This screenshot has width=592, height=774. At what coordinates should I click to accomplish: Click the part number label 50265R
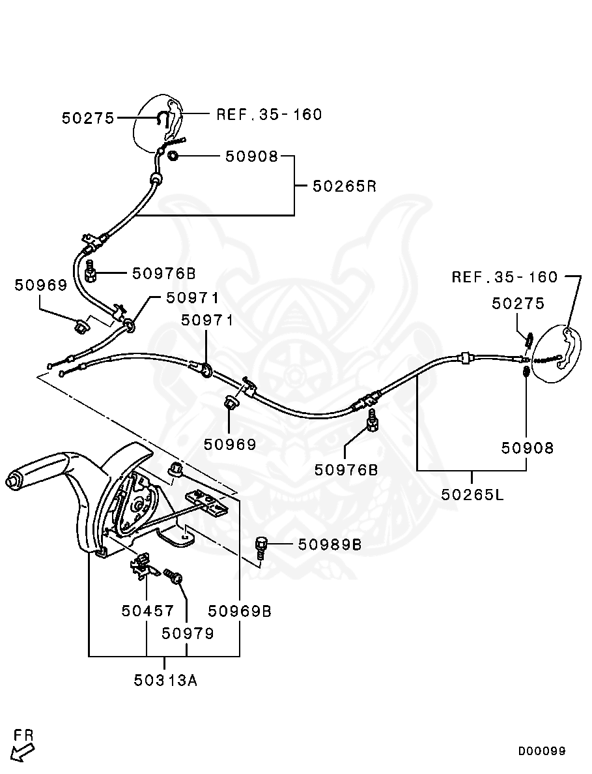(345, 186)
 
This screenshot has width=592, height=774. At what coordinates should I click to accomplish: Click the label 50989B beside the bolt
(330, 544)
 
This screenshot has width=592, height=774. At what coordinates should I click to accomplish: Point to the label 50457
(148, 611)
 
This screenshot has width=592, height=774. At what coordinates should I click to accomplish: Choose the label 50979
(188, 633)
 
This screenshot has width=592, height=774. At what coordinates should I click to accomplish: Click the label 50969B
(240, 611)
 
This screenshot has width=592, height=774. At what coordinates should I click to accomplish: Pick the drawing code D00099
(542, 751)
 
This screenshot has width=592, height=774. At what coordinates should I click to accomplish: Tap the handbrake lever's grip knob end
(11, 481)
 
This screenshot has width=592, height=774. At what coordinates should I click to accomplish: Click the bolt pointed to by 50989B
(262, 546)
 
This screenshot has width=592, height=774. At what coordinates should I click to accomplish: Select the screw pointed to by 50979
(174, 576)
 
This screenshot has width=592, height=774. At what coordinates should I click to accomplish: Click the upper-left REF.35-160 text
(269, 115)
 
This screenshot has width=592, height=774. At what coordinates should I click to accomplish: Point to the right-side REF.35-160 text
(505, 277)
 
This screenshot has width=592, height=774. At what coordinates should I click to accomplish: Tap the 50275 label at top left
(88, 118)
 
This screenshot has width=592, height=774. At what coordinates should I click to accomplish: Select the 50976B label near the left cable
(164, 273)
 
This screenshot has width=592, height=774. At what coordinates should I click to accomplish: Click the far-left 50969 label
(41, 285)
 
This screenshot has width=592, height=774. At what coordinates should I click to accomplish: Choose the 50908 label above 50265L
(527, 448)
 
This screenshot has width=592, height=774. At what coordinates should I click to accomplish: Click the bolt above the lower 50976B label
(372, 422)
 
